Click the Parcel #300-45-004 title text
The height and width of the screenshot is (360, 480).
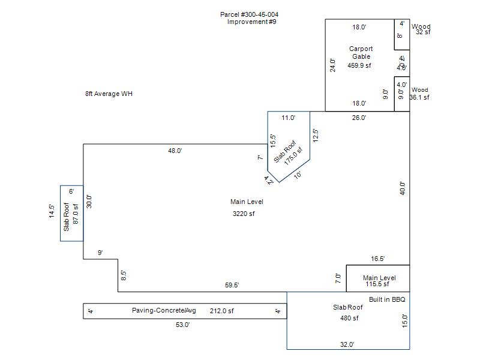point(249,14)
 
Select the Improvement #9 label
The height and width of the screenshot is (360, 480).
point(251,22)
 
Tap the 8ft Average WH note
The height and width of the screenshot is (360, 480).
point(109,94)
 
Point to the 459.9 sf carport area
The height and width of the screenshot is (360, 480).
point(359,65)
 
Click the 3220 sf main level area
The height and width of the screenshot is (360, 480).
point(244,214)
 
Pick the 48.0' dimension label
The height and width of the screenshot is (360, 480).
point(175,151)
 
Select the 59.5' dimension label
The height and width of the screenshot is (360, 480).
point(232,286)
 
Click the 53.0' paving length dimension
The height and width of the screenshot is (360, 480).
point(182,325)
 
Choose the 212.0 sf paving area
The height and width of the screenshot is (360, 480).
point(221,311)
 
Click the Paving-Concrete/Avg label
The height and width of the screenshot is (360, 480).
point(164,311)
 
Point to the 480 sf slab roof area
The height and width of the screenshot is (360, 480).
point(348,318)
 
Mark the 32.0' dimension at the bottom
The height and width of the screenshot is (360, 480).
point(347,344)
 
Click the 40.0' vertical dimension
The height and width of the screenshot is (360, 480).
point(403,188)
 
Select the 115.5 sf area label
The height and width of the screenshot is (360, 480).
point(379,285)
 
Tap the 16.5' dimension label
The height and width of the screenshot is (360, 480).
point(378,259)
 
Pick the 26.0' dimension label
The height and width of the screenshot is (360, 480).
point(359,118)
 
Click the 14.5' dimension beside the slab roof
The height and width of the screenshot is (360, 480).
point(52,212)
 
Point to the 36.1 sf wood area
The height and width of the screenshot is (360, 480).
point(419,97)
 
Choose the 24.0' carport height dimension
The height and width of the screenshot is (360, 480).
point(332,65)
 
